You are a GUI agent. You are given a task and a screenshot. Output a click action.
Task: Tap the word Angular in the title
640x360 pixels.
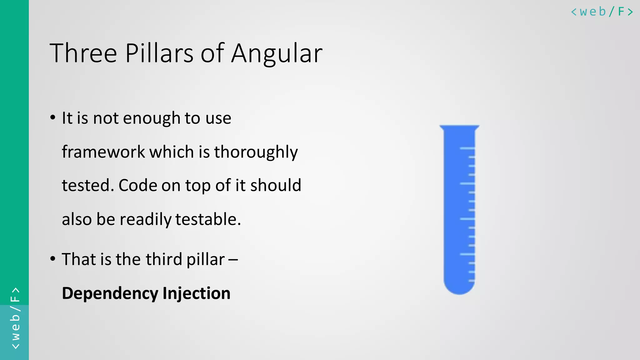pos(277,54)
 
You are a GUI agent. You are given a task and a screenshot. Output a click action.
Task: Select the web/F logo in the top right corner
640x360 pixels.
pos(602,12)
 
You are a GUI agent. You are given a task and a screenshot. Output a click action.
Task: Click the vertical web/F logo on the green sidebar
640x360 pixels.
pos(15,318)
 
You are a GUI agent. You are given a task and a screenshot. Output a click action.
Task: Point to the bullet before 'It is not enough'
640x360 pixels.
pos(53,118)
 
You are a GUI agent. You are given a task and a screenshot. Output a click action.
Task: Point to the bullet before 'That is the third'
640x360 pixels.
pos(53,259)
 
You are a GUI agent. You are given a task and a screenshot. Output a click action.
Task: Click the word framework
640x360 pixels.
pos(103,152)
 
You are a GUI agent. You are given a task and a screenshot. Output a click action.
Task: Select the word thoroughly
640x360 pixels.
pos(256,152)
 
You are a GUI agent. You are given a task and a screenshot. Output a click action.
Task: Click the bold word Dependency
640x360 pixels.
pos(110,293)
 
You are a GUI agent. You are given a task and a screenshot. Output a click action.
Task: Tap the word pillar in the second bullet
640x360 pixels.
pos(205,260)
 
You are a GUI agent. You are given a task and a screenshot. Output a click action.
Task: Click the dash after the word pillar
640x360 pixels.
pos(233,260)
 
